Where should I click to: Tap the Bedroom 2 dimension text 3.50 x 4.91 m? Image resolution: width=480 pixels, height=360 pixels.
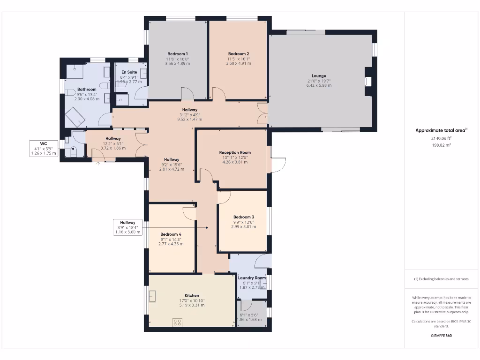[239, 64]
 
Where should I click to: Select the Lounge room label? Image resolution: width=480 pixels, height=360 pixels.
[319, 75]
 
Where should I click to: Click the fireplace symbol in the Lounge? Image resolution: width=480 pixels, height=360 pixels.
[368, 81]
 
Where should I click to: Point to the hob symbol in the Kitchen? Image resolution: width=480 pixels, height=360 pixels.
[178, 322]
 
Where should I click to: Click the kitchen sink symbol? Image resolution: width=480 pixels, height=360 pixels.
[153, 296]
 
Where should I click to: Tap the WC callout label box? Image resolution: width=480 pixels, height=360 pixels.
[43, 148]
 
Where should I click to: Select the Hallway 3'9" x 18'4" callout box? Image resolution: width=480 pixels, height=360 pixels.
[127, 227]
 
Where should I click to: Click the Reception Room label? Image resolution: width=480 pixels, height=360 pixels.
[235, 152]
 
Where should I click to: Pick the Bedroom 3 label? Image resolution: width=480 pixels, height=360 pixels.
[243, 217]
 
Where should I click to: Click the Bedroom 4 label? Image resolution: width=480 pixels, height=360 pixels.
[171, 234]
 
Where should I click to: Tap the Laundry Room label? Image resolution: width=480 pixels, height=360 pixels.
[252, 278]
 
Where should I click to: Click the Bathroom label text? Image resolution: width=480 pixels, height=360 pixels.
[87, 90]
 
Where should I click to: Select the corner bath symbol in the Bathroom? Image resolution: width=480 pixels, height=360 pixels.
[75, 117]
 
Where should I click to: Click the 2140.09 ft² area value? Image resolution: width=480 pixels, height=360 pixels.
[441, 138]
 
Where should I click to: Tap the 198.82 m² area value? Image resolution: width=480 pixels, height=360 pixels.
[441, 145]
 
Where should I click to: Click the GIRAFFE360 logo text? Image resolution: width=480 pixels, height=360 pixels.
[441, 336]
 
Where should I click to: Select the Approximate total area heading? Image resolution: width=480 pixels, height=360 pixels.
[441, 130]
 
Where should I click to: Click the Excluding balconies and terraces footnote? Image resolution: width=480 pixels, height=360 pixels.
[441, 279]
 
